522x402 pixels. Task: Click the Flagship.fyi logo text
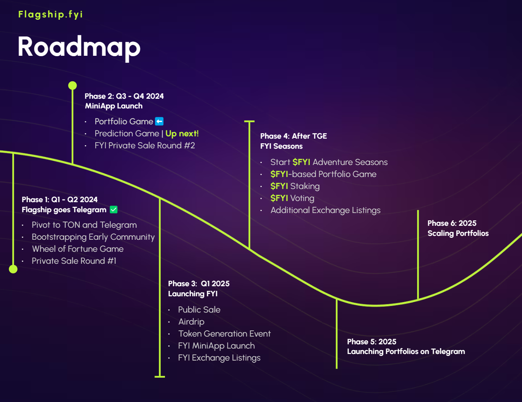(50, 14)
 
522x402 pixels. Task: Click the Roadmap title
(79, 47)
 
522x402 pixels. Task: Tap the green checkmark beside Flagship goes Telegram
(113, 210)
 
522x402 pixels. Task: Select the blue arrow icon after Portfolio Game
(159, 121)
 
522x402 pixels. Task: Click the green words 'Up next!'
(182, 134)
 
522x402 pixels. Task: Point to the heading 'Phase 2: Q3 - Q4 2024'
(124, 96)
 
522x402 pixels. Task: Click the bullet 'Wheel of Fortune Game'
(77, 249)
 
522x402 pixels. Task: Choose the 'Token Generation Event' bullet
(224, 333)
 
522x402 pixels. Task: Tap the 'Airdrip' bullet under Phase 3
(191, 321)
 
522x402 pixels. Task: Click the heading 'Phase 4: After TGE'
(293, 136)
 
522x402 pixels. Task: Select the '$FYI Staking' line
(295, 186)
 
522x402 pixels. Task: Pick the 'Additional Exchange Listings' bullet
(325, 210)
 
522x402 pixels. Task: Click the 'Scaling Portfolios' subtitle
(458, 233)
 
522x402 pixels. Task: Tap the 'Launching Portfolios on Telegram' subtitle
(406, 351)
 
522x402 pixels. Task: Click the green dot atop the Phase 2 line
(72, 86)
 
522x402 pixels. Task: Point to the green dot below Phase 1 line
(13, 269)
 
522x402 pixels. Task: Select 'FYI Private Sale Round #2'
(144, 146)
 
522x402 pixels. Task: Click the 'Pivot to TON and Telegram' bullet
(84, 225)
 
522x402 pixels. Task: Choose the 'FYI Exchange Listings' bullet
(219, 357)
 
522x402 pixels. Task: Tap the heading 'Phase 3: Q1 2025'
(199, 283)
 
